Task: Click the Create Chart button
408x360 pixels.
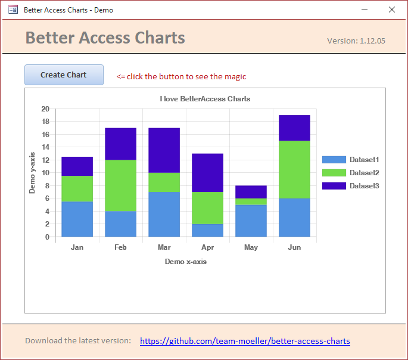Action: (64, 75)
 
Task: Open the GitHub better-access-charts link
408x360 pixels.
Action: (245, 341)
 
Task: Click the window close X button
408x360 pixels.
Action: (391, 10)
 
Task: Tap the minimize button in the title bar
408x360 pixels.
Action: (364, 10)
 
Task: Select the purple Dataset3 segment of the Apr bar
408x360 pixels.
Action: (207, 173)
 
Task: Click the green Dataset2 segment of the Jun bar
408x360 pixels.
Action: (294, 169)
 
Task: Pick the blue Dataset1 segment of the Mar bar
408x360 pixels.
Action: (164, 214)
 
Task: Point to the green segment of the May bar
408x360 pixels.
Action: (251, 201)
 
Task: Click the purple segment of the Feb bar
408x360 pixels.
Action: (120, 144)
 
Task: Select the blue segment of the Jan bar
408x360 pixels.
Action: (77, 219)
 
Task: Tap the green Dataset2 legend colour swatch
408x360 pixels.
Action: (334, 173)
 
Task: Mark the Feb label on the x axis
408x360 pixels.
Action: (120, 247)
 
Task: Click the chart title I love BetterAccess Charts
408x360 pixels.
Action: (205, 99)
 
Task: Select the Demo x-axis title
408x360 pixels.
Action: (186, 262)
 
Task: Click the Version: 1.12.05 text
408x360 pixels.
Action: (356, 41)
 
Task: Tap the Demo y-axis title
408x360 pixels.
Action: (33, 172)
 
